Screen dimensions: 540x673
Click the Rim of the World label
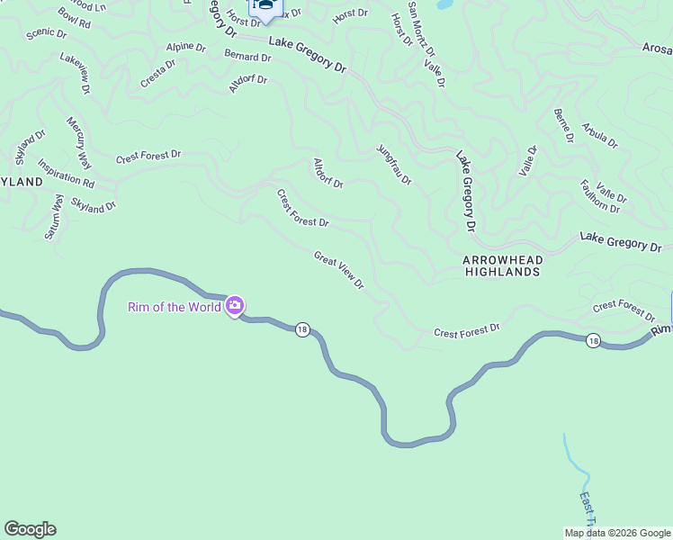(175, 307)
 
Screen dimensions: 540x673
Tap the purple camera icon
(235, 307)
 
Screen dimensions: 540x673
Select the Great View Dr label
(339, 270)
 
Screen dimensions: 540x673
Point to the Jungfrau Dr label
(394, 165)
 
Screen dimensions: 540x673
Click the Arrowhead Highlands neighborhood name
(502, 265)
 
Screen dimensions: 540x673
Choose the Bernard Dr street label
(247, 56)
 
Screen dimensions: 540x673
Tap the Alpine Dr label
(185, 48)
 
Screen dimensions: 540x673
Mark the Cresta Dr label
(158, 73)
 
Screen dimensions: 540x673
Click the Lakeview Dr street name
(76, 73)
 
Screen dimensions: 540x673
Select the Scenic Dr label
(47, 33)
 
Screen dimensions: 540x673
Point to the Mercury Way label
(78, 142)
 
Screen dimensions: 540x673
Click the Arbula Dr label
(600, 136)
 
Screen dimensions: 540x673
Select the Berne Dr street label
(564, 125)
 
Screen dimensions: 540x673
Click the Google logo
(30, 529)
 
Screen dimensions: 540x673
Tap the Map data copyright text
(617, 533)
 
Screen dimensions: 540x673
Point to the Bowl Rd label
(75, 18)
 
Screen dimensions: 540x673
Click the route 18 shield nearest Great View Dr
(302, 330)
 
